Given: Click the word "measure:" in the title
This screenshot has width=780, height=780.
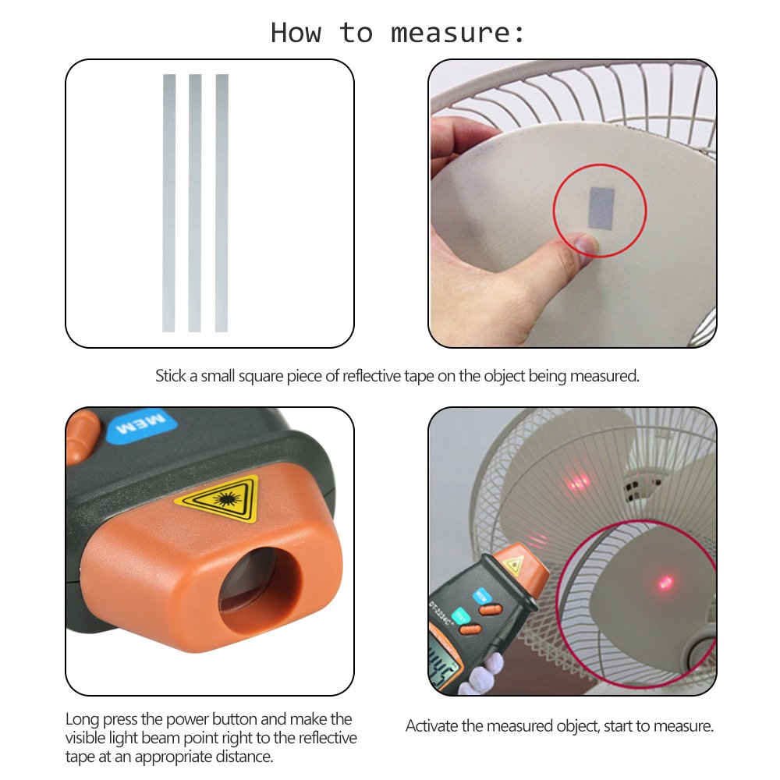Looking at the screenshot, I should [x=459, y=33].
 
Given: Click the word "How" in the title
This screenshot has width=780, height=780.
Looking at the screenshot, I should [x=296, y=33].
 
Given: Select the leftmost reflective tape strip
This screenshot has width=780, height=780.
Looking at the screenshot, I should [x=168, y=203].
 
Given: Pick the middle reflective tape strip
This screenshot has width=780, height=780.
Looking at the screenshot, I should [x=195, y=203].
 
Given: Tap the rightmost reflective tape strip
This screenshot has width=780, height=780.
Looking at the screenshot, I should [x=222, y=203].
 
